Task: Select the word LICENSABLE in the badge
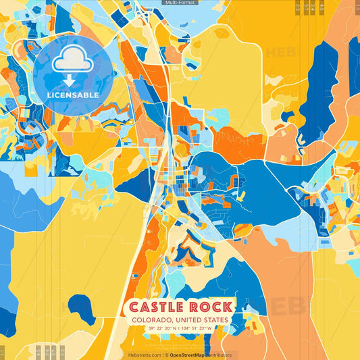(72, 95)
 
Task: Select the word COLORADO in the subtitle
(153, 319)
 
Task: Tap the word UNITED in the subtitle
(190, 319)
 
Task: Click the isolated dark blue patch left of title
(82, 309)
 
